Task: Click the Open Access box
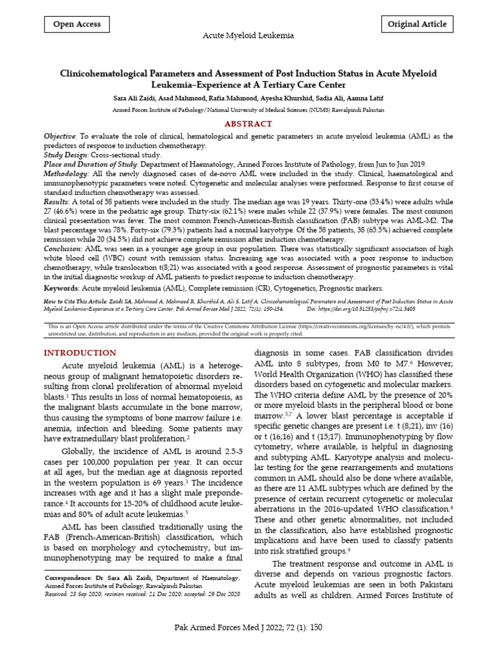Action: tap(77, 25)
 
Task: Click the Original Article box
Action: tap(417, 25)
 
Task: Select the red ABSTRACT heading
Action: tap(248, 124)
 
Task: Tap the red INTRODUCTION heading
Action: tap(80, 353)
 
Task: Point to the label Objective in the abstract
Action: tap(60, 137)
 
